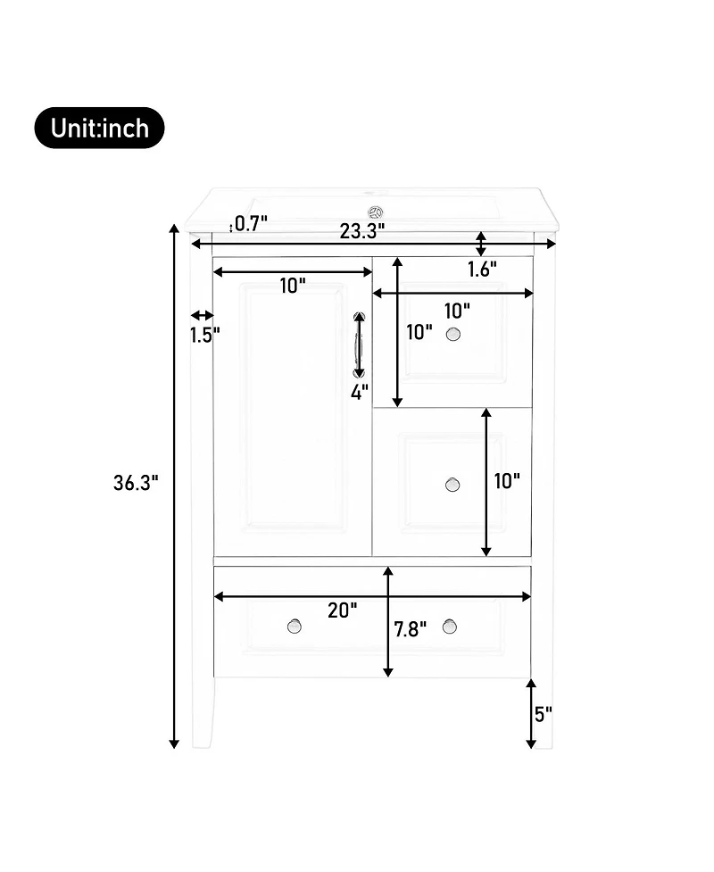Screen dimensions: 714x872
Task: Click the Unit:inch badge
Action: click(x=100, y=128)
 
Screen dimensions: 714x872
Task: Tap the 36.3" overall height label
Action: click(x=136, y=482)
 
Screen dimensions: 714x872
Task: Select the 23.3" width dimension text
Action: click(x=362, y=231)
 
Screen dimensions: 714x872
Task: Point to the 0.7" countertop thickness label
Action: click(x=251, y=223)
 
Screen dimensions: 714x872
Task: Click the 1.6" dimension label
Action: click(x=482, y=270)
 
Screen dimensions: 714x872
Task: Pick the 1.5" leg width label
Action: click(x=205, y=335)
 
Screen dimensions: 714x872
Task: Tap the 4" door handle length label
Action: click(x=359, y=392)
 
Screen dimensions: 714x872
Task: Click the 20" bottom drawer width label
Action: click(x=342, y=610)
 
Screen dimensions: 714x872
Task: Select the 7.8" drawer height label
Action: click(x=411, y=629)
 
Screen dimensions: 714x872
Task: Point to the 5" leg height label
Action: click(x=544, y=714)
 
